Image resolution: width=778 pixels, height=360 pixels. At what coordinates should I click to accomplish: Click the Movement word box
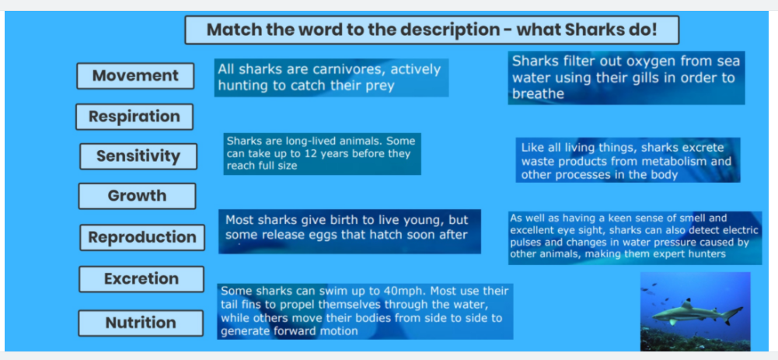(135, 76)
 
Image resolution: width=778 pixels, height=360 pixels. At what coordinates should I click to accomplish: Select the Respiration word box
(134, 117)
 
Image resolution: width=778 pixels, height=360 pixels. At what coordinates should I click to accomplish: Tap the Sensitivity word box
(138, 156)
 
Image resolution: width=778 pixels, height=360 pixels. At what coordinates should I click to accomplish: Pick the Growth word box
(137, 196)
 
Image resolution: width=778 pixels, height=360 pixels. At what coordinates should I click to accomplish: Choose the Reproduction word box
(142, 237)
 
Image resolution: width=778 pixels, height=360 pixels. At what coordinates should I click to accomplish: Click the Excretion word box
(141, 279)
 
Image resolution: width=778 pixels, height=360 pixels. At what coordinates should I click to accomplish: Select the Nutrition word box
(141, 323)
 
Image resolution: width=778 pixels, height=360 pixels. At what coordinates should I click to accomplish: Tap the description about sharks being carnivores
(331, 78)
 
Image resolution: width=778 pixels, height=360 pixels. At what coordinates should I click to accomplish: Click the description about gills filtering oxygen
(626, 78)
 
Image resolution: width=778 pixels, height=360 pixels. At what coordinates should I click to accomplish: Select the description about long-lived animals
(322, 154)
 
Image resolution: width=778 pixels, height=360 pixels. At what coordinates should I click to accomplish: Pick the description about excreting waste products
(628, 160)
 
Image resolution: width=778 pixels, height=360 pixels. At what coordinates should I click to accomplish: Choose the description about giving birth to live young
(349, 232)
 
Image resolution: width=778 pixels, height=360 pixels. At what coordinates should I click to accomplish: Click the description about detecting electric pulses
(635, 238)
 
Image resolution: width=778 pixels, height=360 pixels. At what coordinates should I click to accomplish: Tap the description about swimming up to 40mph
(365, 311)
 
